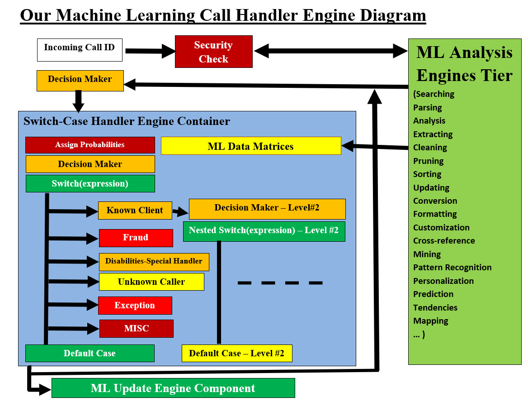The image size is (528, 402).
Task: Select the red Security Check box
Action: tap(213, 52)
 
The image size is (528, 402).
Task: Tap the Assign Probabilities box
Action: tap(90, 145)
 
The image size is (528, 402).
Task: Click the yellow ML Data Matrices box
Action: tap(251, 146)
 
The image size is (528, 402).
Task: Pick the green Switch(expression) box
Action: tap(90, 183)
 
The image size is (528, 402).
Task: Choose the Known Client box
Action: tap(135, 211)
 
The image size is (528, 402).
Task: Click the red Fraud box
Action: tap(136, 238)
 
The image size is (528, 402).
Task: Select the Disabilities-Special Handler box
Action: tap(154, 261)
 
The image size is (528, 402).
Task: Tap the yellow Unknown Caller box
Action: tap(151, 282)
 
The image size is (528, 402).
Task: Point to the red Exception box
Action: tap(135, 305)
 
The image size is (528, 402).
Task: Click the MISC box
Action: tap(136, 329)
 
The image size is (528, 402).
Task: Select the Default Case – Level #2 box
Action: tap(237, 353)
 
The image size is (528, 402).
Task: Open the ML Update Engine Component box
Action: tap(173, 388)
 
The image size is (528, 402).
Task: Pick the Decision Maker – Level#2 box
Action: tap(267, 209)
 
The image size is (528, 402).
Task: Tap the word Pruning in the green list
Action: tap(428, 161)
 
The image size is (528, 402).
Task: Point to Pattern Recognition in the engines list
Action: tap(452, 268)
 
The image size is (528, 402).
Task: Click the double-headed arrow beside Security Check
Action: tap(330, 50)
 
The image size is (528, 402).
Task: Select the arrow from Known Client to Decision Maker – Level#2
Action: tap(180, 211)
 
